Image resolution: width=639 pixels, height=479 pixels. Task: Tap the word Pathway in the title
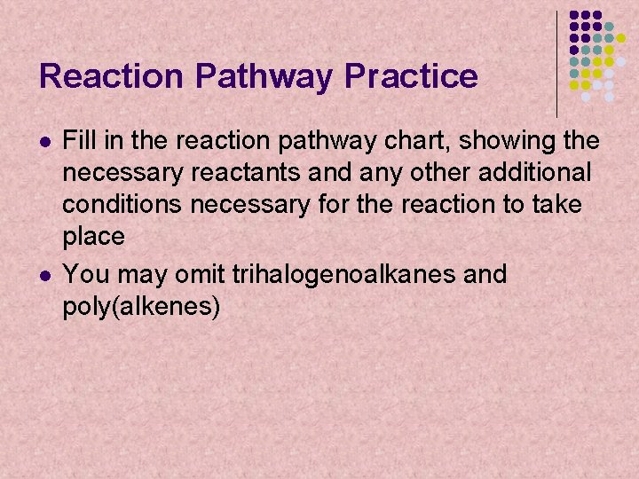click(264, 77)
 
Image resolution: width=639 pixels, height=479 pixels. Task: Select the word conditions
click(123, 205)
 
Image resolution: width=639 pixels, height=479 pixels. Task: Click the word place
click(93, 237)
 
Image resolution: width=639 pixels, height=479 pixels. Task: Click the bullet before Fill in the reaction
click(45, 142)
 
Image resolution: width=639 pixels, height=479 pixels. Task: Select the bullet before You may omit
click(45, 275)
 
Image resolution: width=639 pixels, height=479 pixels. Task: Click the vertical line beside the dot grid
click(556, 63)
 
